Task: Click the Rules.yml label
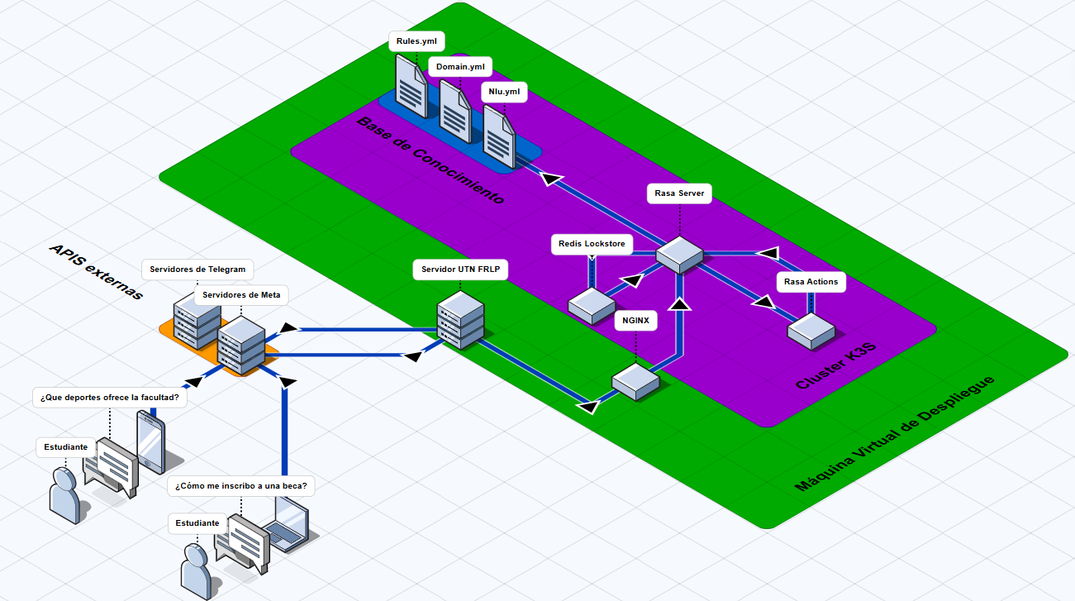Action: coord(416,41)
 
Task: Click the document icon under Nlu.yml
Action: coord(499,136)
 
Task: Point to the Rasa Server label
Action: coord(679,193)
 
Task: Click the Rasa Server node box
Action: coord(679,255)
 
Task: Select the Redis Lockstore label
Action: coord(592,244)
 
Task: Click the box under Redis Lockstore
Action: coord(591,305)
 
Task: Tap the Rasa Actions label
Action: coord(811,281)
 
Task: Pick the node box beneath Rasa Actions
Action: coord(810,331)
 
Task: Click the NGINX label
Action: coord(635,320)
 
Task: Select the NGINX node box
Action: coord(635,380)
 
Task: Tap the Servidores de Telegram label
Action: coord(197,269)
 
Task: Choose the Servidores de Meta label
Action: coord(240,295)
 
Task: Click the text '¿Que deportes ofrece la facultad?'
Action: coord(109,397)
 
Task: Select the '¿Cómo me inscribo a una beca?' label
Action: coord(240,486)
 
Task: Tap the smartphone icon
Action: coord(150,441)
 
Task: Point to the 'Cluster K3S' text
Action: coord(835,367)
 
